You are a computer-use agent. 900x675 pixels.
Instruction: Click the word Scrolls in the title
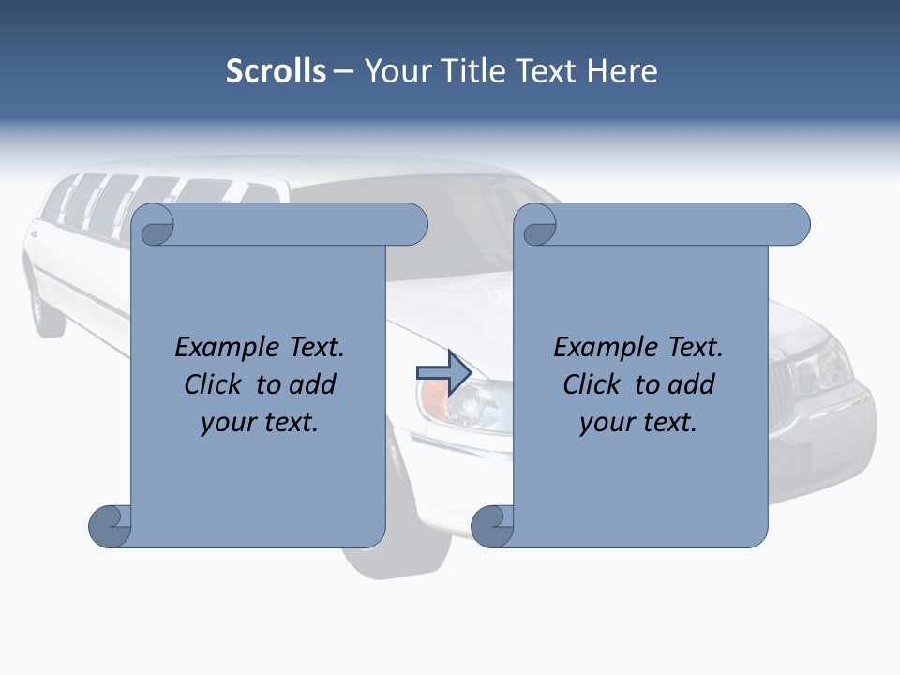[276, 71]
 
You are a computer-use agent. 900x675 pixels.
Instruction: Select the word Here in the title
[622, 71]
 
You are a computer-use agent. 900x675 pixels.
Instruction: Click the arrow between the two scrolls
[443, 373]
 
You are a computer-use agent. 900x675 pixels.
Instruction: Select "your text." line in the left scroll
[260, 422]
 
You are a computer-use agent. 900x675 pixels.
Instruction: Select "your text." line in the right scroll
[638, 422]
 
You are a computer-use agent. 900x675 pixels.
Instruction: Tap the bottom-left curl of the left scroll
[109, 526]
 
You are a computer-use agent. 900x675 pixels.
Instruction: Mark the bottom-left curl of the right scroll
[491, 526]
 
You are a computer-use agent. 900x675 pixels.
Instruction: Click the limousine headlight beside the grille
[825, 370]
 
